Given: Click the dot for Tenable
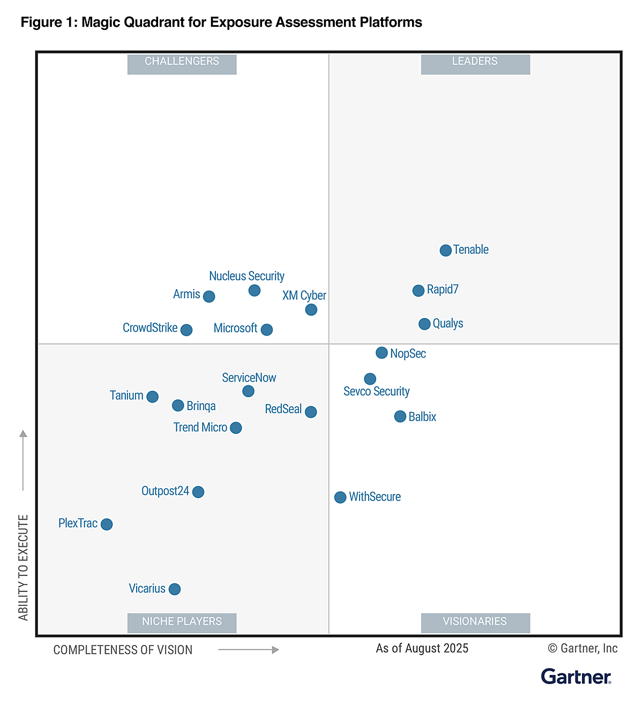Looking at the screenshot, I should [445, 250].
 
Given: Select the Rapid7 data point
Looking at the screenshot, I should [418, 291].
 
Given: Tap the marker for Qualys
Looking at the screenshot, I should [424, 324].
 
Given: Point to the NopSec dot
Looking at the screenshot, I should [382, 353].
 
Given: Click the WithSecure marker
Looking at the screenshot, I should [340, 497].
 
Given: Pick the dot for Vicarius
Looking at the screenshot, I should [175, 589].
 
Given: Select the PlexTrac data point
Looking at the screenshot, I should [107, 524].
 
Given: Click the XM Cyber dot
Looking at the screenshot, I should [311, 309].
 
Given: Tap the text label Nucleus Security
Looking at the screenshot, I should [246, 276].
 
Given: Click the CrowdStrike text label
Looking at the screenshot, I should [150, 328].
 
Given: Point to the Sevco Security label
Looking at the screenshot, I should [376, 391].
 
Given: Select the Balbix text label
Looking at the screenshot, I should [422, 416].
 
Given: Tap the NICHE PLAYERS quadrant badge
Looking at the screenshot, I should [182, 622].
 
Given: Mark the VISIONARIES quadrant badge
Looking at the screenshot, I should [475, 622].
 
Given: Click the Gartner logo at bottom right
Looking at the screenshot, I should [576, 677].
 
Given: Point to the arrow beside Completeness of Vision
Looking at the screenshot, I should [249, 650].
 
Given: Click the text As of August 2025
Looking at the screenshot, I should [422, 648].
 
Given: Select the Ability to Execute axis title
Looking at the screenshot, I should [23, 567].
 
